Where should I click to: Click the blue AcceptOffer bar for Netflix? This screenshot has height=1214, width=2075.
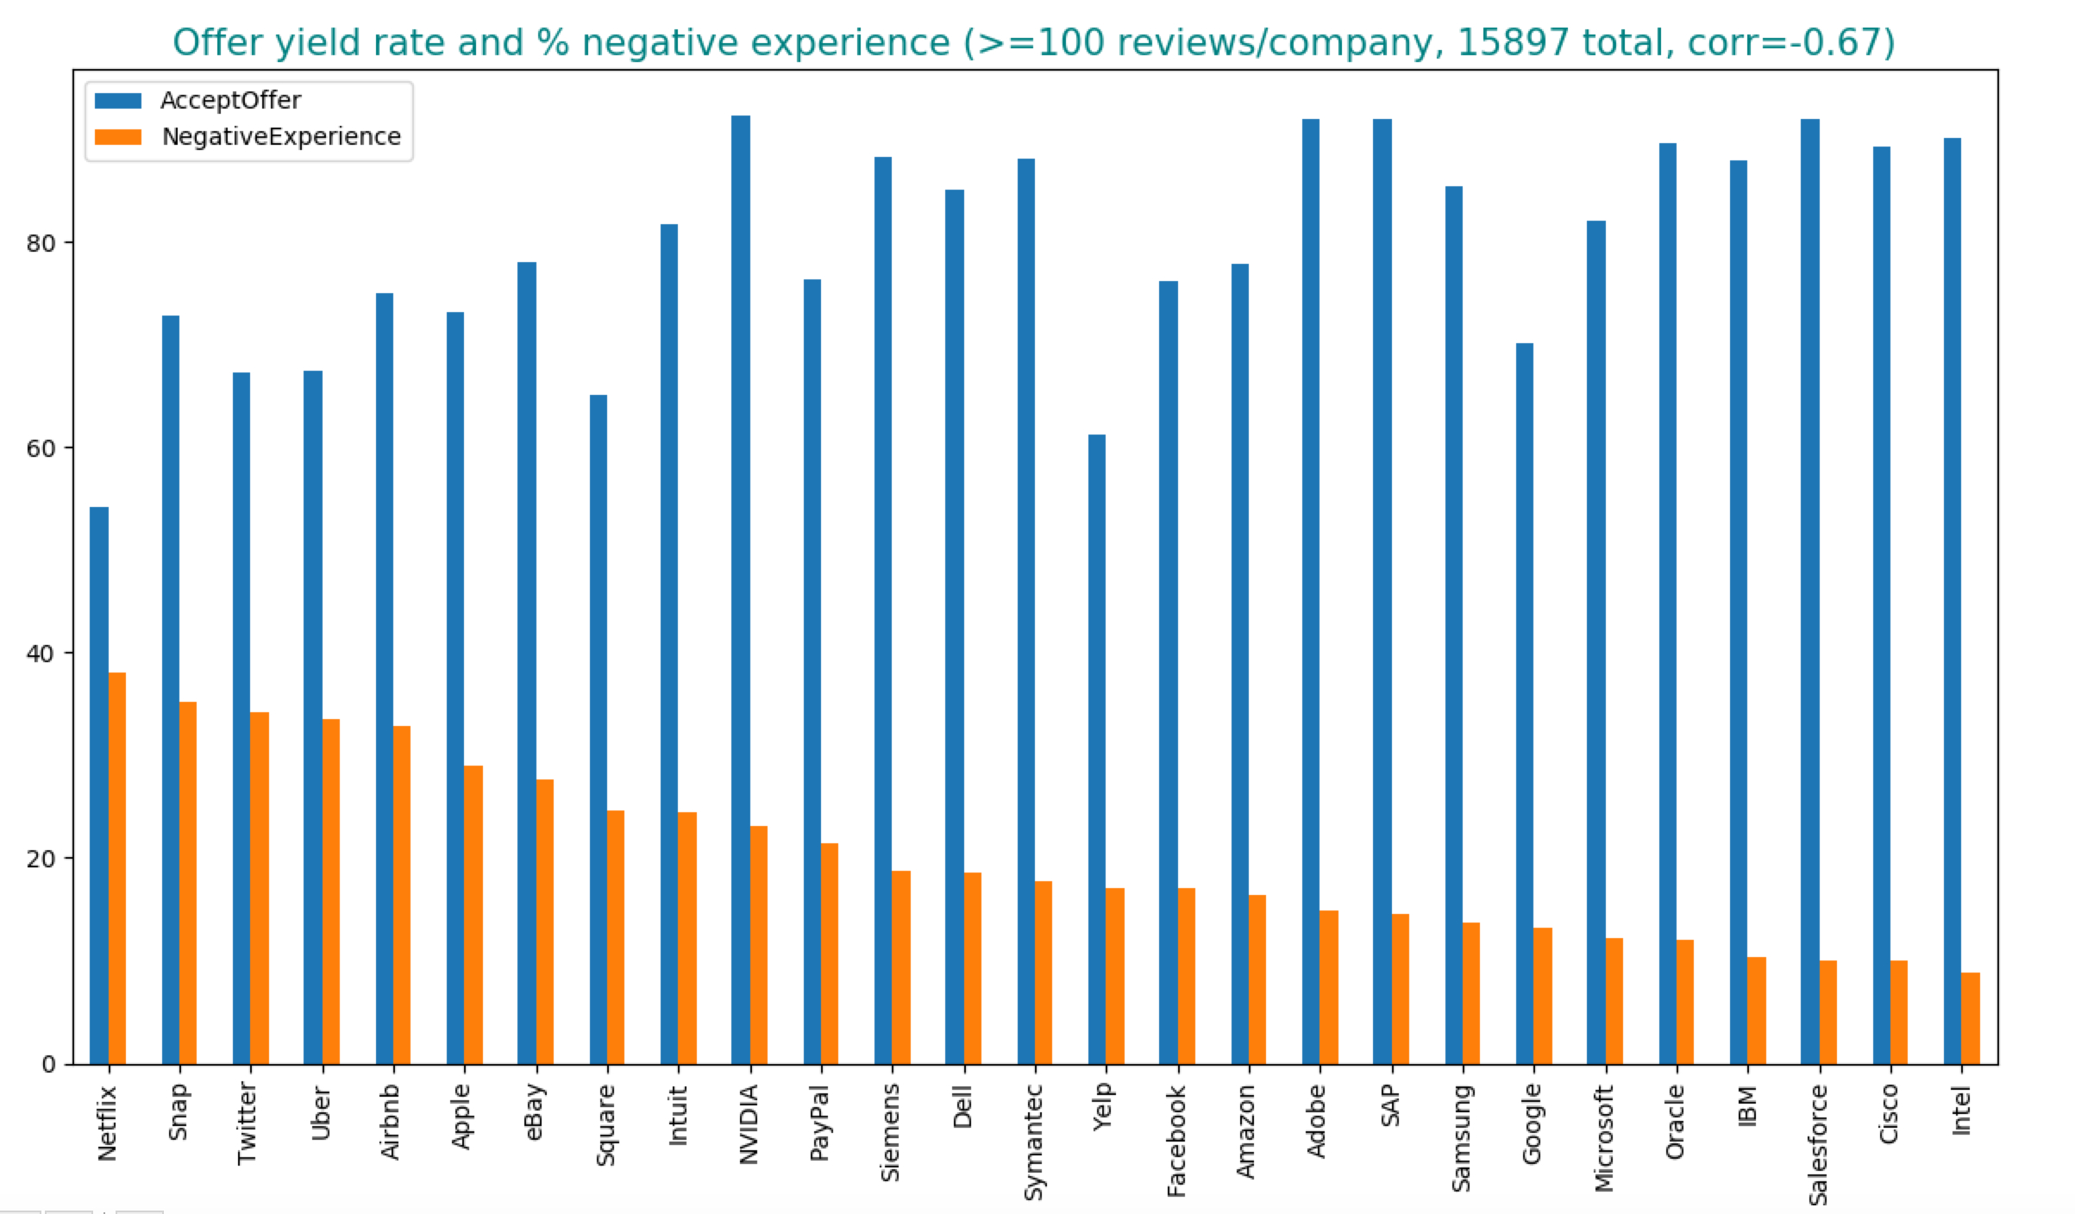pos(99,785)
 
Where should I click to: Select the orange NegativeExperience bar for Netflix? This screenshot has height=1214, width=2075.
pos(117,867)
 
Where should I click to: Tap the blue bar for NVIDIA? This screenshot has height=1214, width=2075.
pos(740,590)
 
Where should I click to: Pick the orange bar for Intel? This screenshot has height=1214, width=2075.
pos(1970,1017)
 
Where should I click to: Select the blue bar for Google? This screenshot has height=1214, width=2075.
pos(1524,703)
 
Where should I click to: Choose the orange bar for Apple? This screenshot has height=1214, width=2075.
pos(473,914)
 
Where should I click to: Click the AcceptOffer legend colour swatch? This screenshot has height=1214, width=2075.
pos(118,101)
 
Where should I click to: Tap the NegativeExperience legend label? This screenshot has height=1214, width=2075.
pos(281,137)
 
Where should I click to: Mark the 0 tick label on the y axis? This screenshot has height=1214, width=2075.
pos(48,1064)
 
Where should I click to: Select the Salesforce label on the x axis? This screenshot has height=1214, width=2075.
pos(1818,1144)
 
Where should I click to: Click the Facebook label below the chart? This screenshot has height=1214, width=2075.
pos(1176,1141)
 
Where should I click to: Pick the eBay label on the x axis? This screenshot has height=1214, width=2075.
pos(534,1112)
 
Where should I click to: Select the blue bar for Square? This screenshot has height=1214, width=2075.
pos(598,729)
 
